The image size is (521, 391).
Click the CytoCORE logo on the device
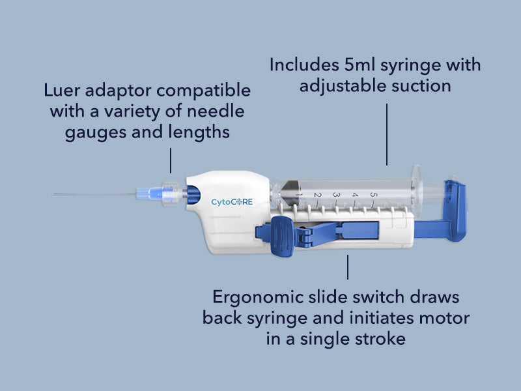pyautogui.click(x=231, y=202)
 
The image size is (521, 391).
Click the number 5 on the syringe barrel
pyautogui.click(x=373, y=194)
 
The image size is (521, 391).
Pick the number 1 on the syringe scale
pyautogui.click(x=300, y=194)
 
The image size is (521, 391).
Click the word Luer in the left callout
pyautogui.click(x=64, y=90)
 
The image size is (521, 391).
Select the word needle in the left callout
pyautogui.click(x=221, y=111)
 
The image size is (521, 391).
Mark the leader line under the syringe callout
pyautogui.click(x=387, y=134)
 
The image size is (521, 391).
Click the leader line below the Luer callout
pyautogui.click(x=171, y=160)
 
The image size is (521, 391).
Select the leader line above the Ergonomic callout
pyautogui.click(x=348, y=267)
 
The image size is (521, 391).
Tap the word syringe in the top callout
pyautogui.click(x=413, y=65)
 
